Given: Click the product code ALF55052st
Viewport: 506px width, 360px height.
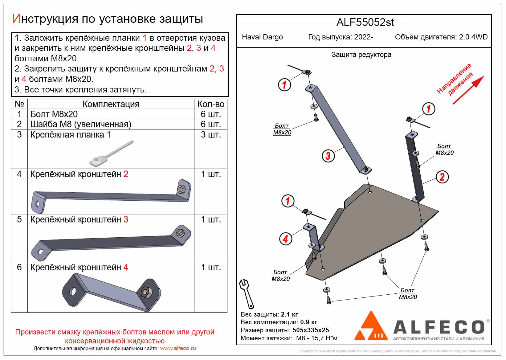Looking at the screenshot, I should pos(365,22).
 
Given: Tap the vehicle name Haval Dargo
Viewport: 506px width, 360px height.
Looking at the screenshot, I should pos(262,37).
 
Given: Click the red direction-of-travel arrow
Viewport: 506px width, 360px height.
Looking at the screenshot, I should pos(468,90).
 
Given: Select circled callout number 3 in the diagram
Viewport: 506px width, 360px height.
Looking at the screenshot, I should pos(328,156).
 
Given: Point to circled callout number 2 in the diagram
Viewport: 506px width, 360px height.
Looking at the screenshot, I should pos(442,177).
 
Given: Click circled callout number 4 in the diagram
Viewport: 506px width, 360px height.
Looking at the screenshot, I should pos(285,239).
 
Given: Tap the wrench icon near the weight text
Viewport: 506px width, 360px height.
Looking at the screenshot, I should pos(247,293).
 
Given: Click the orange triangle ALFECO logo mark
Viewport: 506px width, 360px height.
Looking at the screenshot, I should pos(371,327).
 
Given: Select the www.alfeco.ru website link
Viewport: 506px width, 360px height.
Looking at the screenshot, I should pos(178,349).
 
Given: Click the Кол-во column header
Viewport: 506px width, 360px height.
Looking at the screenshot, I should pos(211,104).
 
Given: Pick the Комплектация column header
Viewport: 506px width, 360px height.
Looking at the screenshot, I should pos(111,104).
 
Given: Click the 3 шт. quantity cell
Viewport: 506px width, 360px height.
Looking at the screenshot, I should pos(211,135).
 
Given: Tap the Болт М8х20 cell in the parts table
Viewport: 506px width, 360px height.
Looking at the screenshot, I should pos(54,114).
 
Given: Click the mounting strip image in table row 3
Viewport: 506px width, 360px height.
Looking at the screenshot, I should pos(111,153).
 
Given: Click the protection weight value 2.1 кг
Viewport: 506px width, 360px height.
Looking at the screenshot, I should pos(289,315).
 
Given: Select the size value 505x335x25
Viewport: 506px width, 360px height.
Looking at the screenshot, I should pos(311,330).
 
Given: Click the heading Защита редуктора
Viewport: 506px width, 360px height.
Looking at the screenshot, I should pos(361,55).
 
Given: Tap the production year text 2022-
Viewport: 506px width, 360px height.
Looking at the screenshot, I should pos(364,37).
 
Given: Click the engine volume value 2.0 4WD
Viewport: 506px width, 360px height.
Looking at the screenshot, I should pos(473,37).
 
